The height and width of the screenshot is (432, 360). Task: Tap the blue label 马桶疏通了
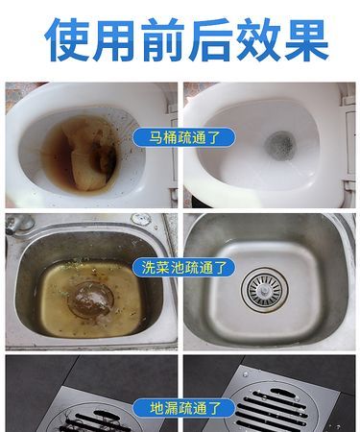(x=180, y=138)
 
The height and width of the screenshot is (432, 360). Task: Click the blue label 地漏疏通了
(x=180, y=407)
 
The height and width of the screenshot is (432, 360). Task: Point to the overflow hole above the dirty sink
(x=141, y=220)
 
